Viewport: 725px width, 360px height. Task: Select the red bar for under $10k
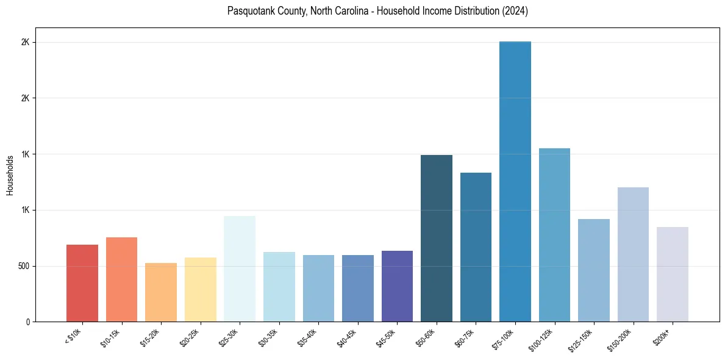pos(82,283)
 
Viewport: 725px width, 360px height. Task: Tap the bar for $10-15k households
pos(121,279)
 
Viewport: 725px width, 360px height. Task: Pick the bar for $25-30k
pos(240,269)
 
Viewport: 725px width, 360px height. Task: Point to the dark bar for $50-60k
pos(437,239)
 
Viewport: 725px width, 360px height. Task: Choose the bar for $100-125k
pos(554,235)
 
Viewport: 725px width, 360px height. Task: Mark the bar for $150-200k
pos(633,254)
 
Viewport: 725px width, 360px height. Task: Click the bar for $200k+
pos(673,275)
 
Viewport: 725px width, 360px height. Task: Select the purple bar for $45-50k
pos(397,286)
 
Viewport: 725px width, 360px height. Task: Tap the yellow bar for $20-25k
pos(200,290)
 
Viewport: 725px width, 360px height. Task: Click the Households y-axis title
pos(10,175)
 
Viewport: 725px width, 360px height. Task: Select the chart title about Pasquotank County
pos(377,11)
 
